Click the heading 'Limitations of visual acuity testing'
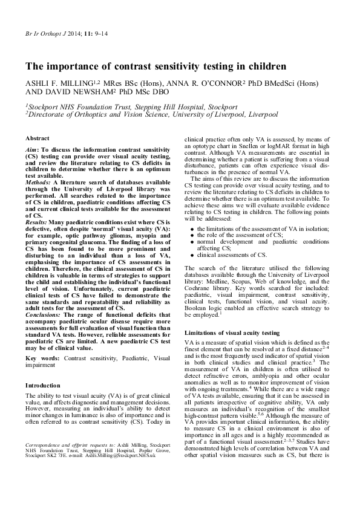232,333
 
